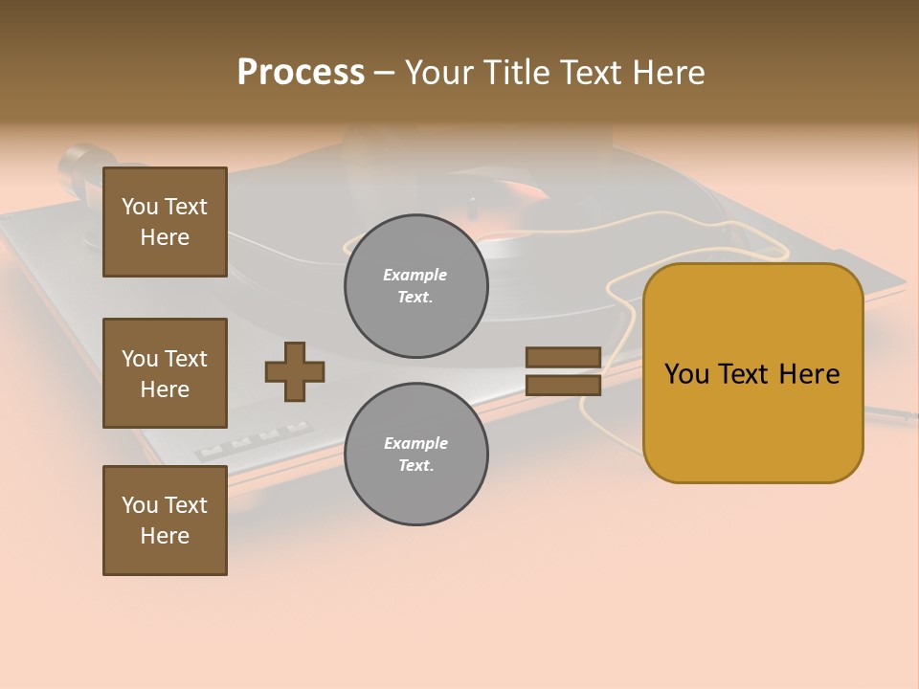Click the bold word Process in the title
tap(301, 73)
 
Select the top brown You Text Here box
tap(165, 222)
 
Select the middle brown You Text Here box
tap(165, 373)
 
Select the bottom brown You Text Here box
tap(165, 521)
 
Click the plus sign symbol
tap(295, 371)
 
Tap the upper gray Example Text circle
tap(415, 285)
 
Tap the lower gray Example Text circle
tap(415, 454)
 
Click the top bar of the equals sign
tap(563, 358)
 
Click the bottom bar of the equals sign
tap(563, 385)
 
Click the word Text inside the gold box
tap(750, 374)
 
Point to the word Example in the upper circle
tap(415, 275)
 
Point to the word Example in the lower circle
tap(415, 443)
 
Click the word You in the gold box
tap(686, 374)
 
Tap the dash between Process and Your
tap(385, 73)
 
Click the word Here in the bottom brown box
tap(165, 536)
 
